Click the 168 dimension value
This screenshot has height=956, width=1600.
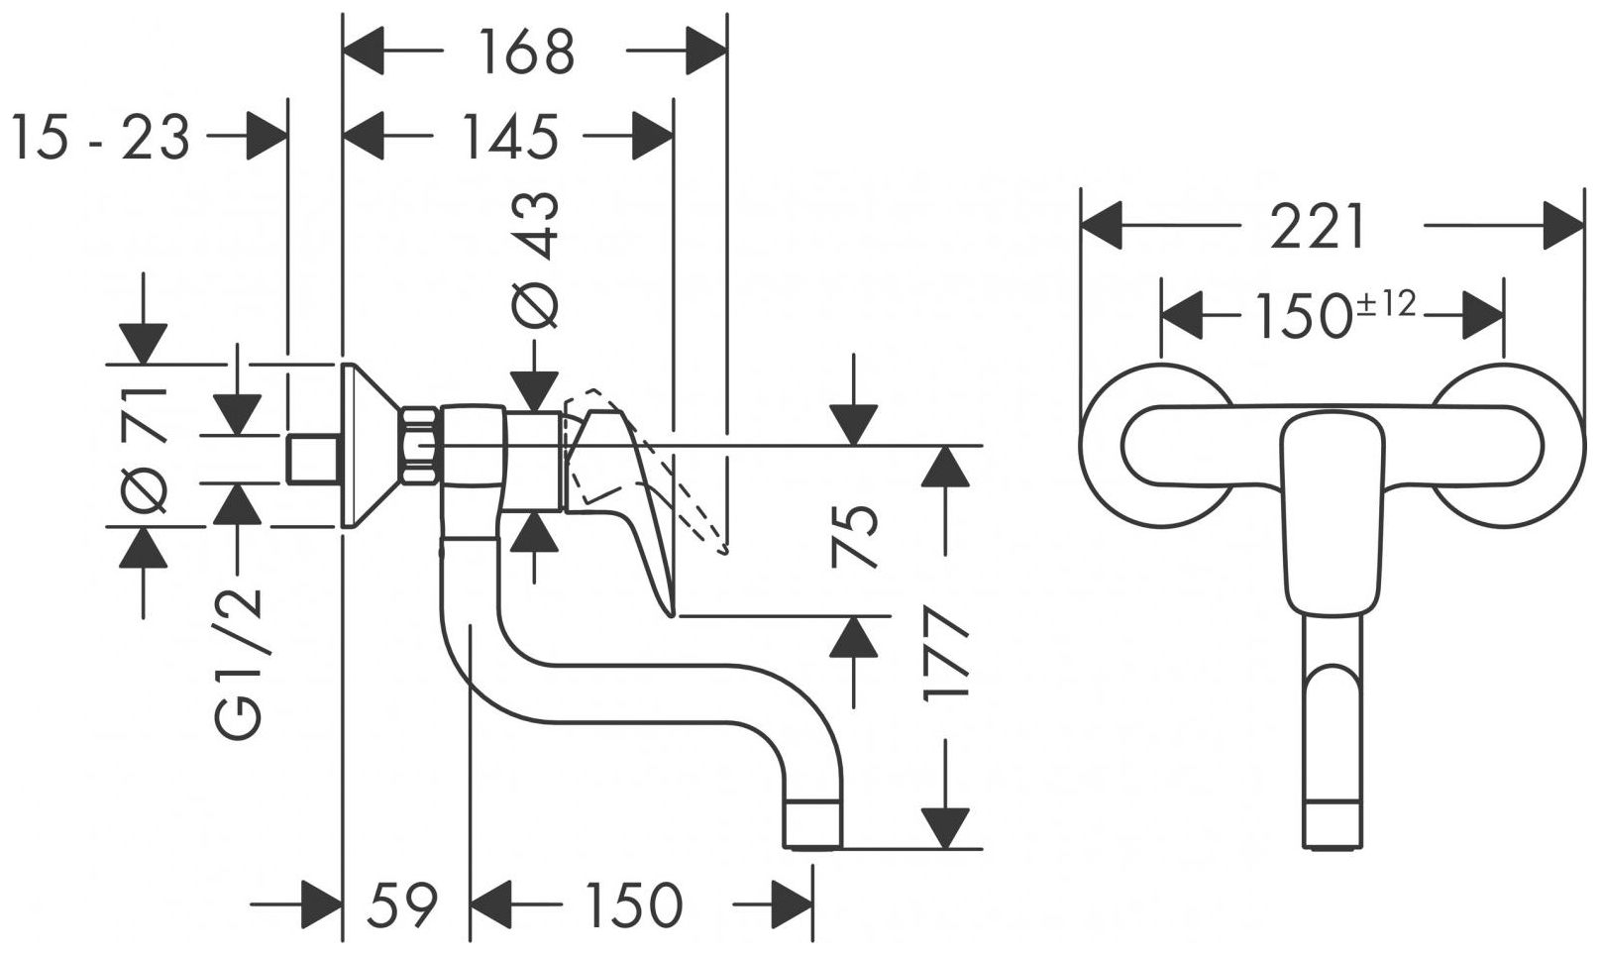(526, 52)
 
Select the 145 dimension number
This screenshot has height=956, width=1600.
(510, 136)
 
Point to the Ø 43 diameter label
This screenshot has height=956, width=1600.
(536, 260)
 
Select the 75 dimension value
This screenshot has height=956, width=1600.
(855, 536)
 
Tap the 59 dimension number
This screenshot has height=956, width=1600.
(403, 904)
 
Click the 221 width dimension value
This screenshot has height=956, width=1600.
(1319, 228)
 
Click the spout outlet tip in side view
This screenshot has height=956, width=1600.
(813, 824)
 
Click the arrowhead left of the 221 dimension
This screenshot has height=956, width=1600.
(1102, 227)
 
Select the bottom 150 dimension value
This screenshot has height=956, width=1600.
(633, 904)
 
